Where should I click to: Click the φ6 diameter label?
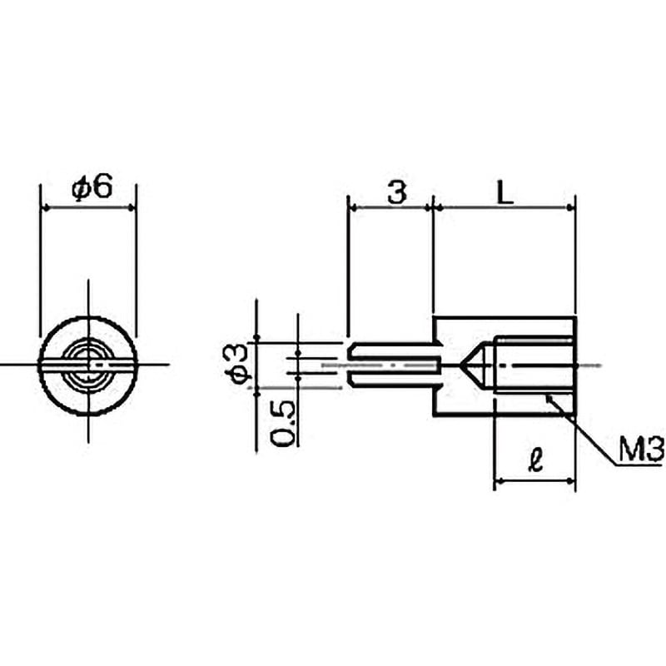pos(92,186)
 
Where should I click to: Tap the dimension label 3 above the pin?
pos(396,192)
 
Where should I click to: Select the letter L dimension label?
pos(505,193)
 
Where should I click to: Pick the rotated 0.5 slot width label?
pos(282,423)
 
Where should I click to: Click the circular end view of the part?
pos(88,365)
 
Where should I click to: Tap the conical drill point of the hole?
pos(477,365)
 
